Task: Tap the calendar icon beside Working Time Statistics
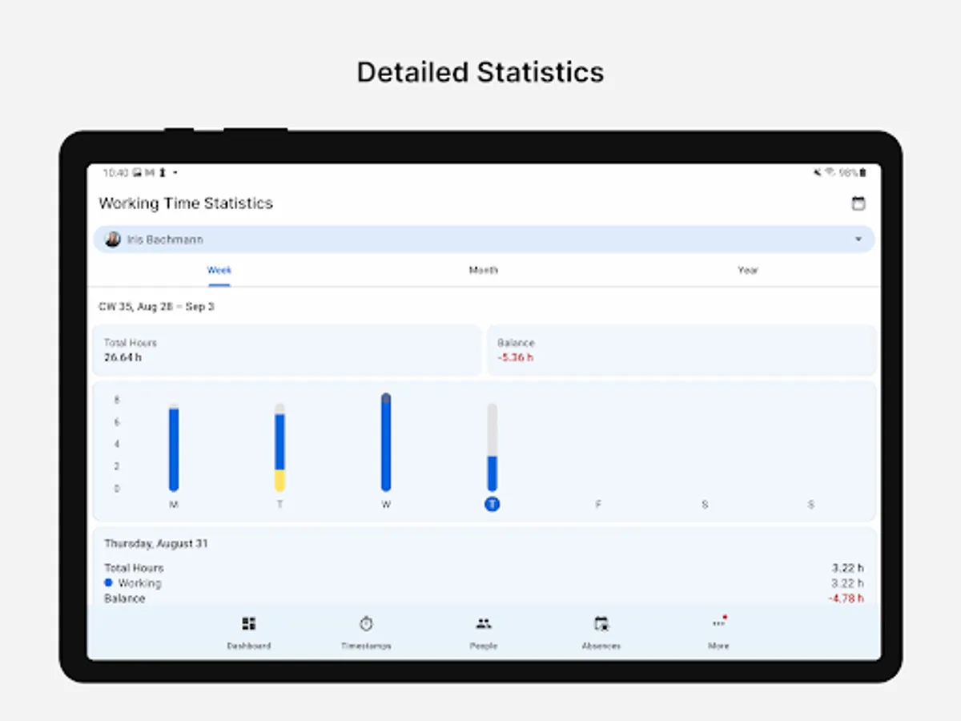(858, 203)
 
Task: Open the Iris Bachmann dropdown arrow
(858, 240)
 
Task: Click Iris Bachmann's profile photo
(113, 240)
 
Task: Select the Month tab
(483, 270)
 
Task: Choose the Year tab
(747, 270)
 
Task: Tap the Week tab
(219, 270)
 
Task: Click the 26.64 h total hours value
(123, 357)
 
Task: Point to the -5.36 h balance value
(515, 357)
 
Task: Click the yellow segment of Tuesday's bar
(279, 480)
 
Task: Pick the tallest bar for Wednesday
(386, 442)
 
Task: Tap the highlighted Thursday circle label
(492, 504)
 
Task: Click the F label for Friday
(598, 505)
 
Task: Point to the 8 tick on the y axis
(117, 400)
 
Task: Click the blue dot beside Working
(108, 582)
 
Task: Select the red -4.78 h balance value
(846, 598)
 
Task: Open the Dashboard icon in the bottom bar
(249, 624)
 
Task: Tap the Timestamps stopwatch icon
(366, 624)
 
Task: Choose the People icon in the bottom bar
(483, 624)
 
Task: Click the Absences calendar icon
(601, 624)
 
